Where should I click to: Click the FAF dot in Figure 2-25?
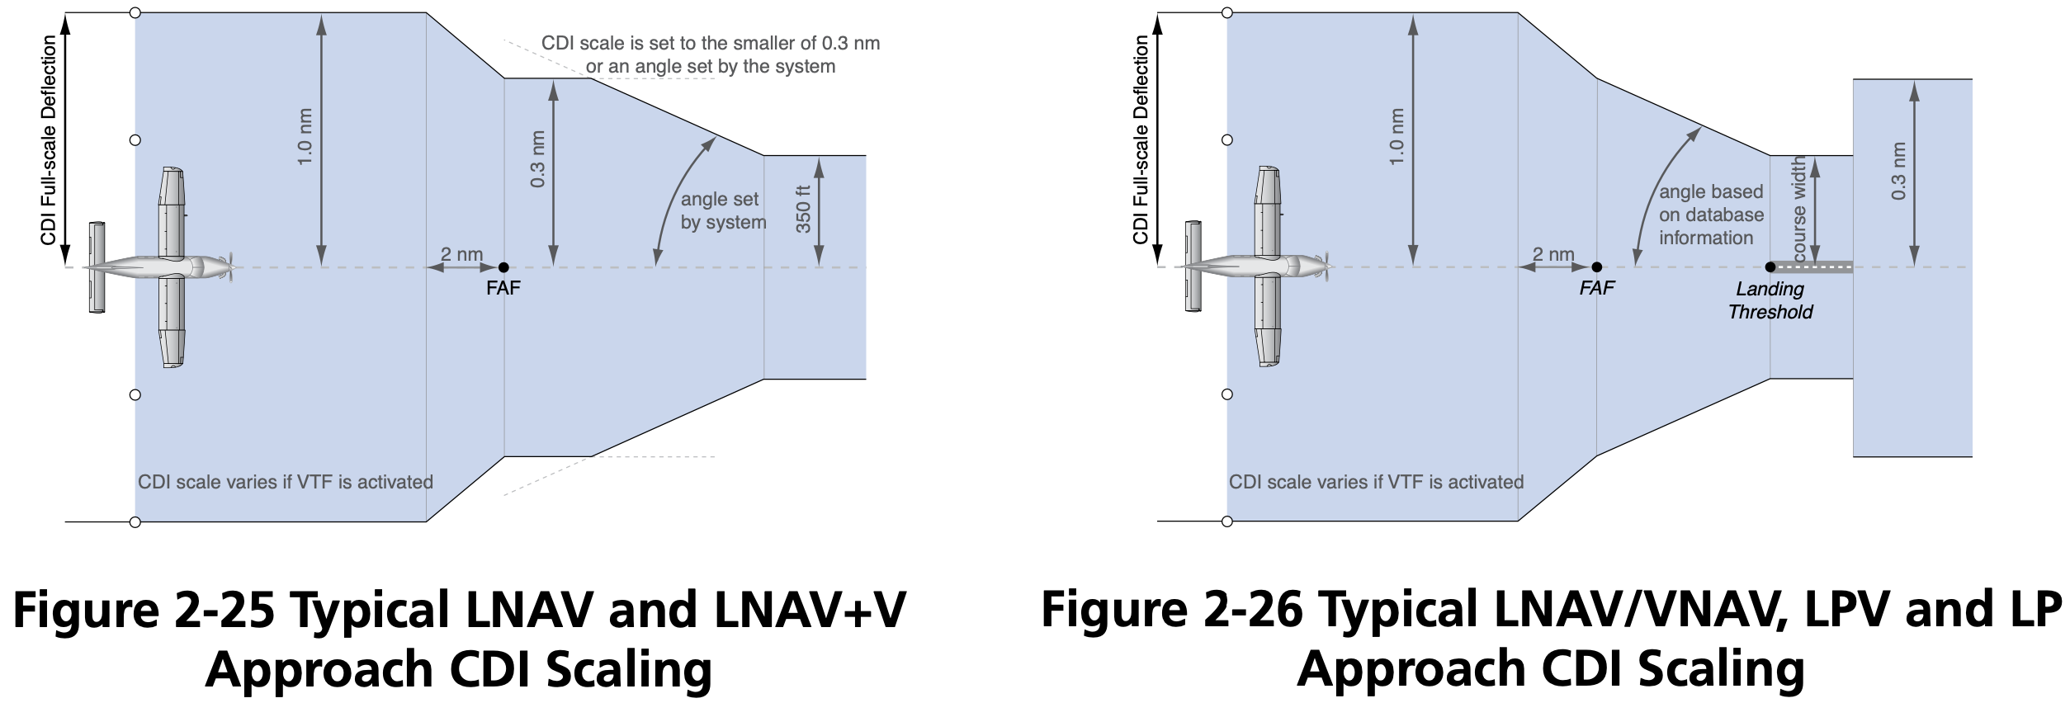503,267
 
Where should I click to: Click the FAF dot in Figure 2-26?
1596,267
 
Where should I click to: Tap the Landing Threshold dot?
1770,267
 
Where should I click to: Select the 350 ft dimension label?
803,209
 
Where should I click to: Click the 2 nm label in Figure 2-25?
461,254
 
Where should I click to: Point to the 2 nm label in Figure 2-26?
1553,254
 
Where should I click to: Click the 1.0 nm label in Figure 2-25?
305,137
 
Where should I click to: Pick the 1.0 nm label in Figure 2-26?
1397,137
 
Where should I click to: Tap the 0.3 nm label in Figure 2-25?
537,159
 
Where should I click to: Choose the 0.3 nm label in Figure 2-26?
1898,172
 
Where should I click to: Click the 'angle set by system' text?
723,211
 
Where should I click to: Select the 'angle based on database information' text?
1711,215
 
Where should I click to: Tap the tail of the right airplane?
1193,267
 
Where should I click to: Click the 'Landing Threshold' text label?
1770,300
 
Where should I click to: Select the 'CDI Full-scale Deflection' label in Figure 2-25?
49,140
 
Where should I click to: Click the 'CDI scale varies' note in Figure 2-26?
1376,482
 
